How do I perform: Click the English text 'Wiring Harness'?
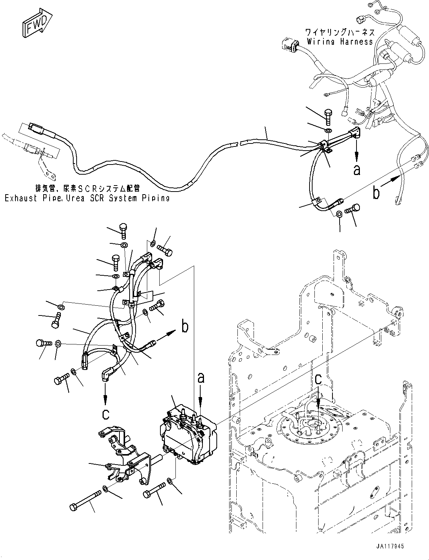point(340,42)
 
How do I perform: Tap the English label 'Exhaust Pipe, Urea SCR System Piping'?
point(87,198)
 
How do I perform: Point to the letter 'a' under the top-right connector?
point(356,170)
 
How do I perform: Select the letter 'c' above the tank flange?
point(318,379)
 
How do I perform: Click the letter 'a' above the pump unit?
point(201,377)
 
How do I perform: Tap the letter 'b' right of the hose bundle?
point(185,327)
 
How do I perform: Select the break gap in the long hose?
point(239,143)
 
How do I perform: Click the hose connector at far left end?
point(36,129)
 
